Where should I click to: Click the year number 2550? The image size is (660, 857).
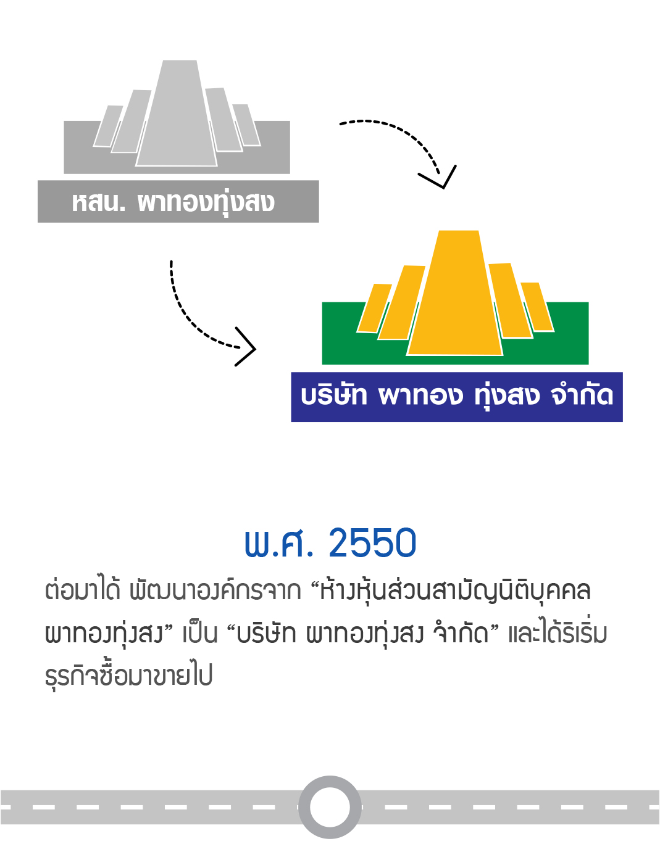pos(372,543)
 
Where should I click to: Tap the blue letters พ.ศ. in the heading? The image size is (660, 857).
pos(279,543)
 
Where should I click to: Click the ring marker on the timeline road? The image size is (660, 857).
pos(330,807)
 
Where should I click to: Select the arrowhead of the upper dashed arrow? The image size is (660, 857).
pos(437,177)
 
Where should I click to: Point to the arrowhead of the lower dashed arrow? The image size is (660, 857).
pos(245,347)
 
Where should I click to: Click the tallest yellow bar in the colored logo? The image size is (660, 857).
pos(455,292)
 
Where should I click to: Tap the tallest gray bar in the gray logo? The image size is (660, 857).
pos(177,113)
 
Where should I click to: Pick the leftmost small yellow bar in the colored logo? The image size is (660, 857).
pos(374,308)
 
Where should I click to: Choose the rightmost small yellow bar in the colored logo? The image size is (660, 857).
pos(537,307)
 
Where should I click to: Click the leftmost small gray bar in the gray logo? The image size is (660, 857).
pos(108,126)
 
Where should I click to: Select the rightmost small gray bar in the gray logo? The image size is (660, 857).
pos(246,125)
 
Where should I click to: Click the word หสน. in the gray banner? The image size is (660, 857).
pos(98,202)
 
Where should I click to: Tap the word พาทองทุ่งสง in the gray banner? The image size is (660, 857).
pos(206,203)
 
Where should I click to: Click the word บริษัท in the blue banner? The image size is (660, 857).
pos(334,395)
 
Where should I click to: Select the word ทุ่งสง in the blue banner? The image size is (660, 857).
pos(506,396)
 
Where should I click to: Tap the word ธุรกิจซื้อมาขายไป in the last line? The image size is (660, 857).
pos(129,675)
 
